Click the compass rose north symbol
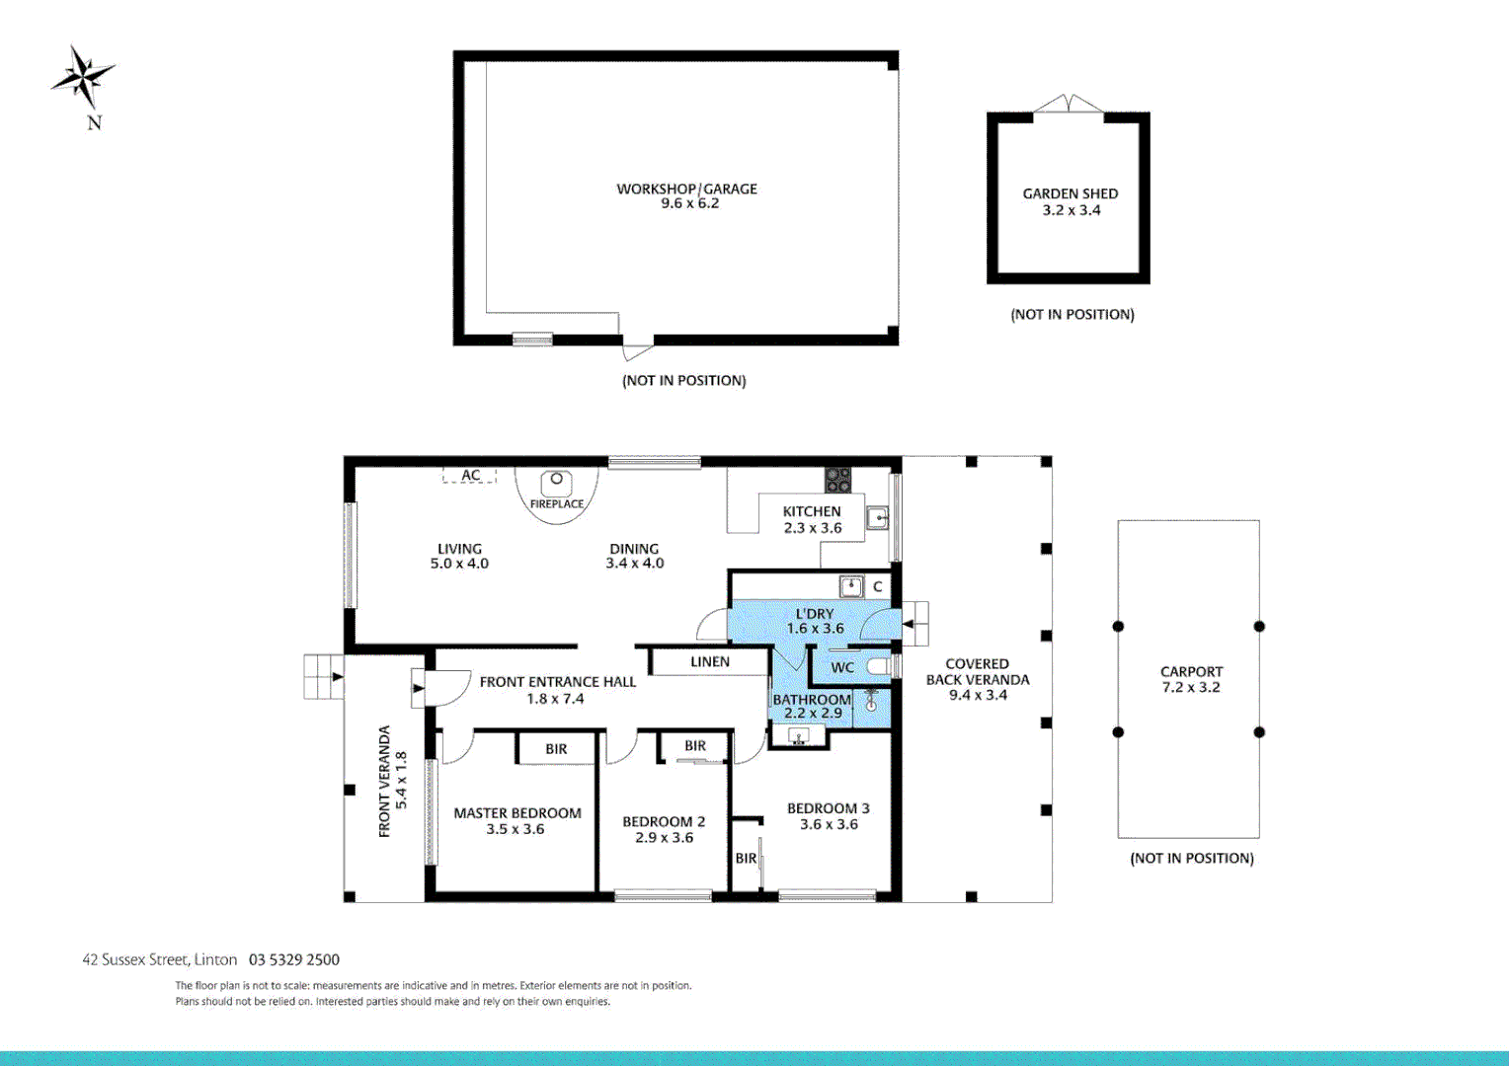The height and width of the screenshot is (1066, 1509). click(x=84, y=77)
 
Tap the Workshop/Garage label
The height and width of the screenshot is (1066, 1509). click(x=686, y=189)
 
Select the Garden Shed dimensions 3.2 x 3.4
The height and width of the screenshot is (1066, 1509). click(x=1071, y=210)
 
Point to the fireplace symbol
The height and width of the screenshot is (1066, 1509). click(x=557, y=484)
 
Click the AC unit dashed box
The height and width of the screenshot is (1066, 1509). click(x=470, y=475)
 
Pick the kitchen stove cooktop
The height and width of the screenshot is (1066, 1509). click(x=838, y=480)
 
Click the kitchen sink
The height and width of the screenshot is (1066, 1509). click(x=877, y=516)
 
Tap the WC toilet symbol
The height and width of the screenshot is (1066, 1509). click(x=878, y=667)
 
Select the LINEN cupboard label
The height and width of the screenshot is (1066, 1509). click(x=710, y=661)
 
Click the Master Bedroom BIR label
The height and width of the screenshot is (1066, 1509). click(x=556, y=749)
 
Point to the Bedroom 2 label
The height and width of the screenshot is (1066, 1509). click(x=664, y=821)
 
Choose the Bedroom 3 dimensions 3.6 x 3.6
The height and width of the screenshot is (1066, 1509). click(x=829, y=824)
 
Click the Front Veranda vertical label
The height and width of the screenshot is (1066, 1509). click(x=385, y=781)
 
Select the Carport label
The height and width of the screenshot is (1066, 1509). click(x=1191, y=671)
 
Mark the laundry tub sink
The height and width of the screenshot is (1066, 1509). click(x=850, y=586)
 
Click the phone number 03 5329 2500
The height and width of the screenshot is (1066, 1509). click(x=294, y=959)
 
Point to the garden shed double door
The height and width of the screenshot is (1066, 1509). click(x=1068, y=105)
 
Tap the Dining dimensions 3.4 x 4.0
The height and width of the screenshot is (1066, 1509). click(x=634, y=564)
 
